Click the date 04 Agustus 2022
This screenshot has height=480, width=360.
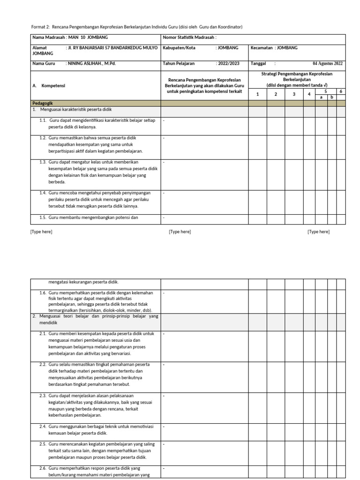point(327,63)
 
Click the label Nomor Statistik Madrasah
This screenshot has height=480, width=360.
point(189,37)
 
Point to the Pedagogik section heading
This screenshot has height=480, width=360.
point(43,103)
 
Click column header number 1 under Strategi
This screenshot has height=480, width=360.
point(257,94)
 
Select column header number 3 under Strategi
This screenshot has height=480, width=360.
point(293,94)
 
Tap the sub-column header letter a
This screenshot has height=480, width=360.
point(321,97)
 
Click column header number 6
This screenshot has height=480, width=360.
point(341,91)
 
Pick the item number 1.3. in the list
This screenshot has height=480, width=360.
point(43,161)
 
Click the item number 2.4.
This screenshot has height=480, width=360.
point(43,426)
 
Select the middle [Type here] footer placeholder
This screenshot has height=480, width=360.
point(180,232)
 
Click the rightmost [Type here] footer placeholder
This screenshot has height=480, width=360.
point(319,232)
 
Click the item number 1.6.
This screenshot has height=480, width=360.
point(43,292)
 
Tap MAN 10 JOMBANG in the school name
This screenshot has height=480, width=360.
point(87,37)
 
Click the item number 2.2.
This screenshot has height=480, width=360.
point(43,364)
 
